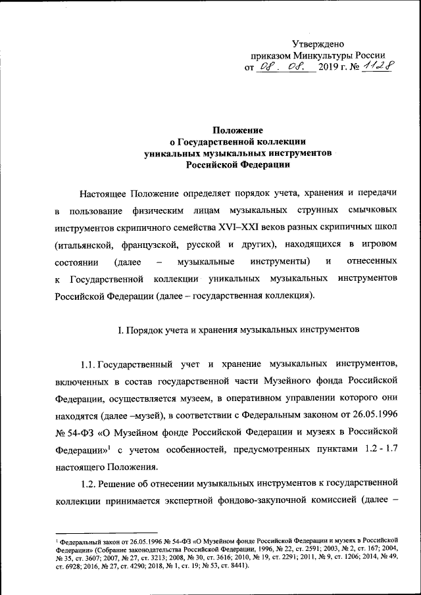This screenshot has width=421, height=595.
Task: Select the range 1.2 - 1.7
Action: click(x=377, y=450)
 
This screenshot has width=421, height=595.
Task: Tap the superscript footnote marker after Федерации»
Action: click(x=110, y=447)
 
